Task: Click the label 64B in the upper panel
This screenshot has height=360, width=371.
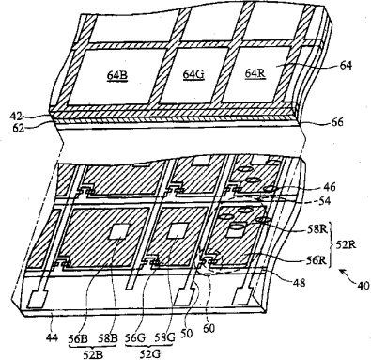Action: pos(117,75)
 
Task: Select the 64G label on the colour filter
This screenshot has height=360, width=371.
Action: pos(193,74)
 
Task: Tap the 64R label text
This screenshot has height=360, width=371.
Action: pos(255,73)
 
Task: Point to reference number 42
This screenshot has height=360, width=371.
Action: pos(16,117)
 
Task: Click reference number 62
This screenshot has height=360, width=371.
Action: pos(18,128)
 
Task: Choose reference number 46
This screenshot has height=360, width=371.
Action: pos(330,187)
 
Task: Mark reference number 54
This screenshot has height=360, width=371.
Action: pos(325,201)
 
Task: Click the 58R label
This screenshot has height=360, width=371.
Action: pos(317,229)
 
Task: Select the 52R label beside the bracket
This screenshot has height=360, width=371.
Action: pos(346,244)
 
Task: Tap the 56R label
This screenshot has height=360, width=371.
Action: pos(317,260)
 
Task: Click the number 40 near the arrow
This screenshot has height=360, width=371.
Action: pos(363,286)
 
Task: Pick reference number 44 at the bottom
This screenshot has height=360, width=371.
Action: pos(52,338)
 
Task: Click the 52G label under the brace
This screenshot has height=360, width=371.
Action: pos(150,354)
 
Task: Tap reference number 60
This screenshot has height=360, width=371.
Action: pos(209,328)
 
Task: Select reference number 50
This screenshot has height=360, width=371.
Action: pos(186,333)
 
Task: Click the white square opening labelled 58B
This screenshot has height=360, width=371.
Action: pos(119,231)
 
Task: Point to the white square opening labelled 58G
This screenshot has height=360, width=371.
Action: pos(178,230)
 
